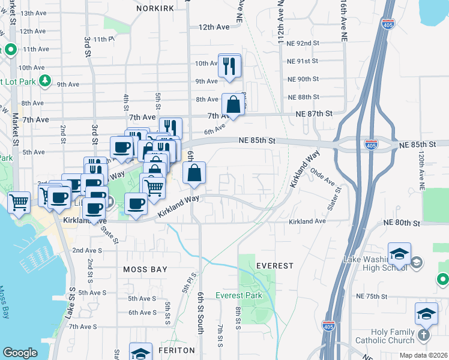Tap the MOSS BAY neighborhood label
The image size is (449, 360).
145,269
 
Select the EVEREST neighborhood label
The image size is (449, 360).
275,265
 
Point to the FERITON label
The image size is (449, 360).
177,350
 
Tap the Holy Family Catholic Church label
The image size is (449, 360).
384,337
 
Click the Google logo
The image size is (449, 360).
20,353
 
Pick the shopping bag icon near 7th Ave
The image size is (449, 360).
234,105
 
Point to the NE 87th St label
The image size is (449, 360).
314,113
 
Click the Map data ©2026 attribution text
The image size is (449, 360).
423,355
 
